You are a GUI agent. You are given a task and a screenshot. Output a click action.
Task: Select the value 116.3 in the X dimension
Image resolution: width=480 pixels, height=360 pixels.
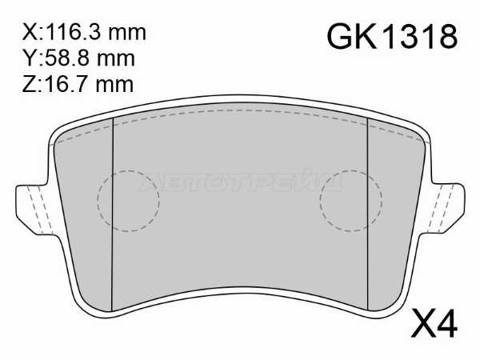pos(71,34)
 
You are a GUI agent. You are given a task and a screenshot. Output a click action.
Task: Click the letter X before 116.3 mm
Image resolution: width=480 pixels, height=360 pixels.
pos(30,34)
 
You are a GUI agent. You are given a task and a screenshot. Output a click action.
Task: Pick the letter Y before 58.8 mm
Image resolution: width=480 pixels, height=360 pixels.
pos(30,58)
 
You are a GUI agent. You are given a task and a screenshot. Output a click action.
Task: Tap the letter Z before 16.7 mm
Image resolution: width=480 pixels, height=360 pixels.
pos(30,82)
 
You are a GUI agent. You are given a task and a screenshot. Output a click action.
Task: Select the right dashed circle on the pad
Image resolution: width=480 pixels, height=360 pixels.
pos(351,200)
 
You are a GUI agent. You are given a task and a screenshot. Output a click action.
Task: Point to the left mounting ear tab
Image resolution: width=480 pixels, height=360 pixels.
pos(32,207)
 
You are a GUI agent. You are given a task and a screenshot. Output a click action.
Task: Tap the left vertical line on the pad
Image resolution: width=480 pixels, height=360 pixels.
pos(112,216)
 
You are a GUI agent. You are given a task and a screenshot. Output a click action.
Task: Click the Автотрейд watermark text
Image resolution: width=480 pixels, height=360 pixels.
pos(240,183)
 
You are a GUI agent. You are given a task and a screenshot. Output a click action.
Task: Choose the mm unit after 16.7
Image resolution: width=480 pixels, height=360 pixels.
pos(110,82)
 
